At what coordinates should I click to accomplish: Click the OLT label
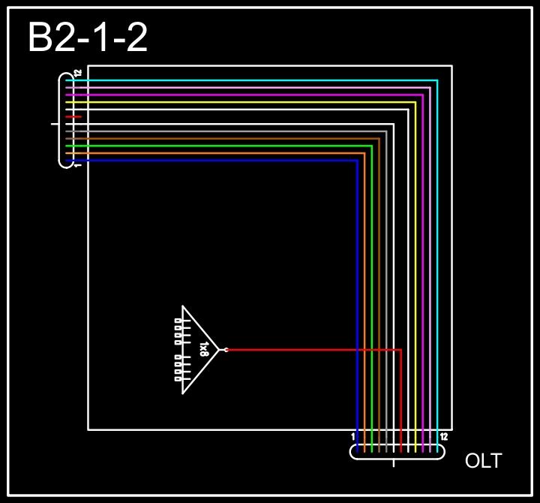point(484,461)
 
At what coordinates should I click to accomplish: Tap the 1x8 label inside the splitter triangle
point(204,350)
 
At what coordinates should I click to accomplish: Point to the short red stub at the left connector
point(73,117)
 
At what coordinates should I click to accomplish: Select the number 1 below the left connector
point(78,164)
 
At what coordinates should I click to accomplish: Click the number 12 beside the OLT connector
point(444,436)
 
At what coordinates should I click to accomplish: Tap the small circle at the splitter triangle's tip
point(226,350)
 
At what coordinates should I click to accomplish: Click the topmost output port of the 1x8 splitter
point(178,321)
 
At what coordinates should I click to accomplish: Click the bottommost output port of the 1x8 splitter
point(178,379)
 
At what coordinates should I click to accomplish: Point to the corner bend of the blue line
point(356,161)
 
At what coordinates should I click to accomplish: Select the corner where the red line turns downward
point(400,350)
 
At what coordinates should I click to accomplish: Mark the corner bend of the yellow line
point(415,102)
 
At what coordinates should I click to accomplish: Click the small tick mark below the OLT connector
point(394,462)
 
